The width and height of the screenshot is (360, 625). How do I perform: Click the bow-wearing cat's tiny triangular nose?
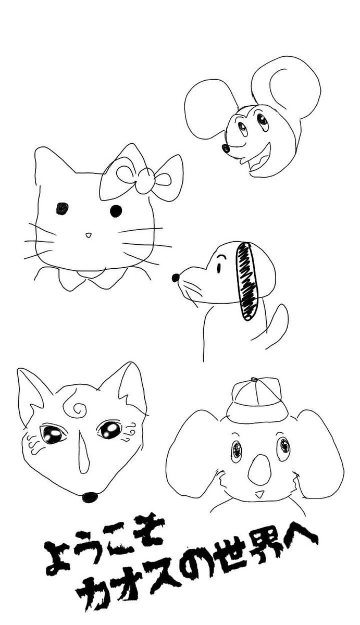pos(89,235)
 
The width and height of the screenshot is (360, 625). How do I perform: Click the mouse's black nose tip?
pos(226,148)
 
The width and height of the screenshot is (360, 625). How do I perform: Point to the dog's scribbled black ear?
pos(247,281)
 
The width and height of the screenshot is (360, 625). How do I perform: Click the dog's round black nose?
pos(176,278)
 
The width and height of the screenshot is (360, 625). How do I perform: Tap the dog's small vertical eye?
pos(218,268)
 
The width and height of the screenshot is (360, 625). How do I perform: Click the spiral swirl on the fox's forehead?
pos(76,409)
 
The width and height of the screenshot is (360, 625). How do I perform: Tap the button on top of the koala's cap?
pos(254,380)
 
